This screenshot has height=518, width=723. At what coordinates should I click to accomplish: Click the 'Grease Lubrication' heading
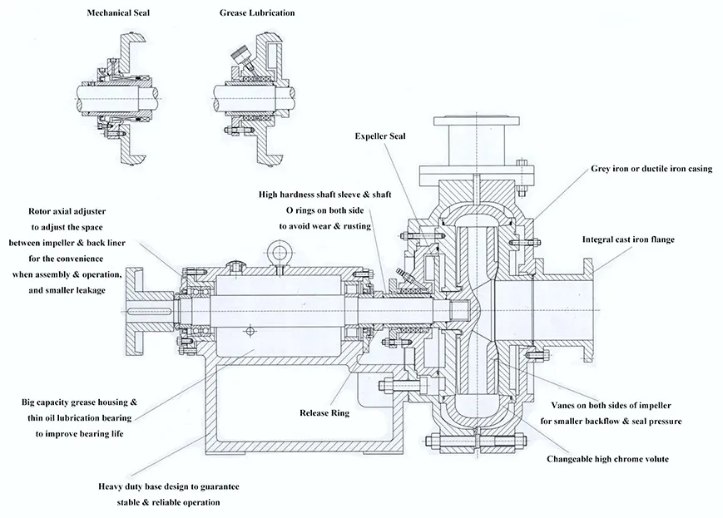[x=257, y=13]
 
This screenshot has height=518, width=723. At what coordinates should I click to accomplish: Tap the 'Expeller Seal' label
[x=380, y=135]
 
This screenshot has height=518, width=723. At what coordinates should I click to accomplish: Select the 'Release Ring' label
[x=324, y=412]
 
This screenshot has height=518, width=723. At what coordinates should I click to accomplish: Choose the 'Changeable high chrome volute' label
[x=607, y=458]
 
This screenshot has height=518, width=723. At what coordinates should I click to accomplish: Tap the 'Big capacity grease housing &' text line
[x=80, y=402]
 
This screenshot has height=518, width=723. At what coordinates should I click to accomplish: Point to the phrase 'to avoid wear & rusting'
[x=324, y=225]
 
